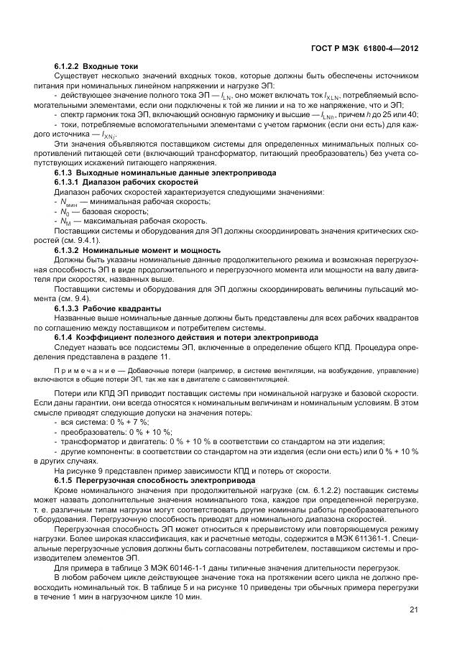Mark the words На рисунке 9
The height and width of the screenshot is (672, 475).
[x=80, y=470]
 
